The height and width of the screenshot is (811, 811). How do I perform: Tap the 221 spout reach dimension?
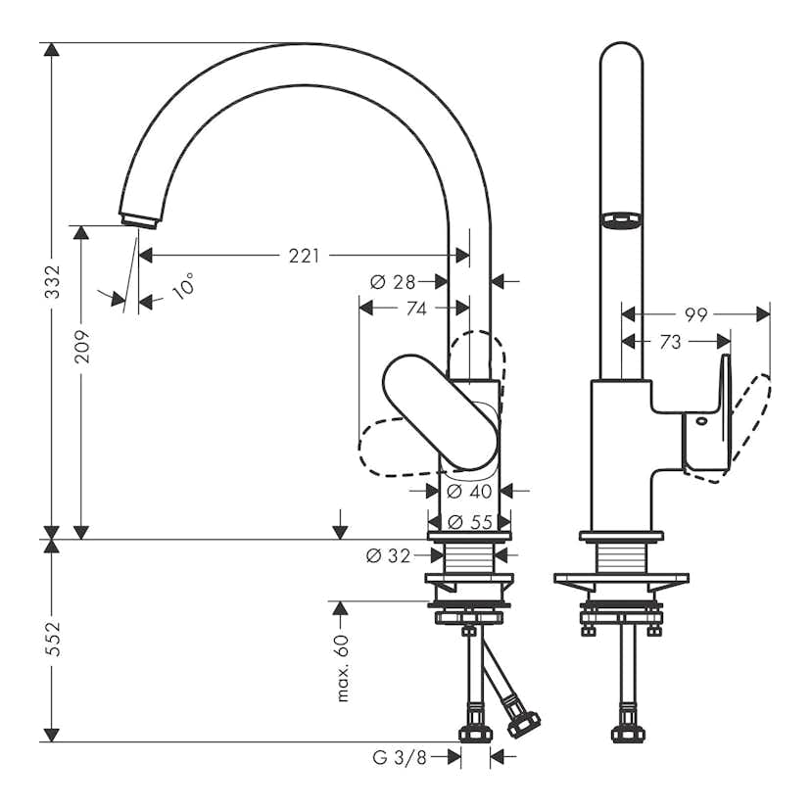point(304,256)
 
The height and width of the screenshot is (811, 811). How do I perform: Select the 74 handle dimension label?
point(415,309)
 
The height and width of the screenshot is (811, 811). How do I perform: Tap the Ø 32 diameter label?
point(388,556)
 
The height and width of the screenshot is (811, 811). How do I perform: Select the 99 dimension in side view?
point(696,314)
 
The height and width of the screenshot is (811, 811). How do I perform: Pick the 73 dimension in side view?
point(670,342)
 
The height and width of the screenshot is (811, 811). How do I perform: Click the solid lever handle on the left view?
point(441,411)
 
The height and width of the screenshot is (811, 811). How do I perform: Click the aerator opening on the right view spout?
point(621,220)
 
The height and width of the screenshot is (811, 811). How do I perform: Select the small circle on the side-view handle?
point(701,421)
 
